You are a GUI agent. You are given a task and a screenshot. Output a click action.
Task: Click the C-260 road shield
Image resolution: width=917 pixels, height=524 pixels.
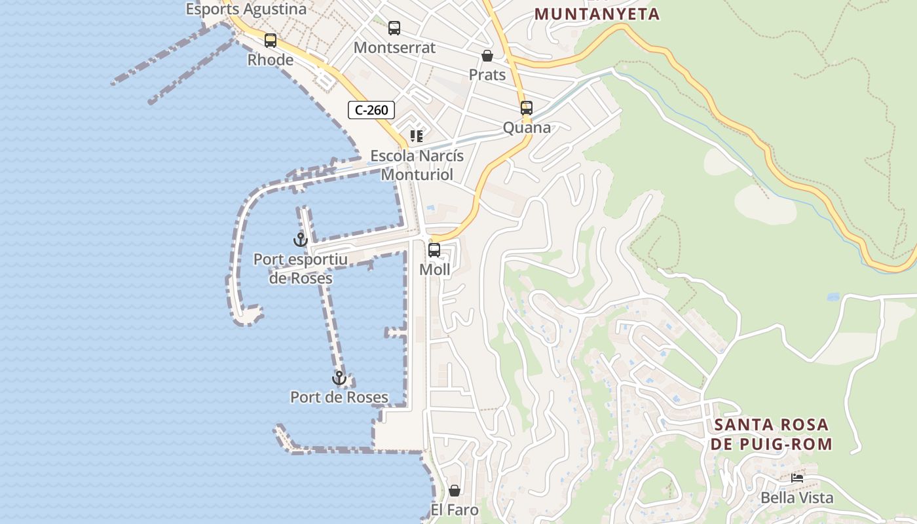[371, 110]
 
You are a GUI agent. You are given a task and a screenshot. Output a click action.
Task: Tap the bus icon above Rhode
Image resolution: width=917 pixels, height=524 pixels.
[271, 41]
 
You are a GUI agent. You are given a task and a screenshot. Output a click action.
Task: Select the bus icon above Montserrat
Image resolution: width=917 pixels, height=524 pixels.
[394, 28]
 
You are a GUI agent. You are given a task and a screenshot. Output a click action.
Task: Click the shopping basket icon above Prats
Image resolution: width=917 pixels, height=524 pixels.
[487, 56]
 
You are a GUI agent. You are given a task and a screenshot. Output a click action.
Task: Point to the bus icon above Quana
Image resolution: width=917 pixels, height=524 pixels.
[527, 108]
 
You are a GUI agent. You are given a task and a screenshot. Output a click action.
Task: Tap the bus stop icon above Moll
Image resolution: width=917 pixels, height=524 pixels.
[434, 250]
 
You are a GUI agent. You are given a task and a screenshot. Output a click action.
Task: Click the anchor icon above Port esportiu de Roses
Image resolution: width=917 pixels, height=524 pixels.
[301, 240]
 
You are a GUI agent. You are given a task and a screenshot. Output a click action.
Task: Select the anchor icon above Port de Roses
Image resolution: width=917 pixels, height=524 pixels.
[339, 378]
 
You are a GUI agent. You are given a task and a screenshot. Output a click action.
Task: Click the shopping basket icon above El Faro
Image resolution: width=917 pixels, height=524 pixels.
[455, 491]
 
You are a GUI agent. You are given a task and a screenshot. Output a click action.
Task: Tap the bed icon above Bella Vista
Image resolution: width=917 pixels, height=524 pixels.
[797, 478]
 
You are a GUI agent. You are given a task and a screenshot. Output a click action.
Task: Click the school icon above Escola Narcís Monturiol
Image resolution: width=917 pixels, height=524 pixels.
[417, 136]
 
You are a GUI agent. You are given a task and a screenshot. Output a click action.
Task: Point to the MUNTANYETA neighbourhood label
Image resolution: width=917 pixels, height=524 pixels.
[597, 14]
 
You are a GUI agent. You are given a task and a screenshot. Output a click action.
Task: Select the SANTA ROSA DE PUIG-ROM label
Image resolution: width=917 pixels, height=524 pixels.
[773, 434]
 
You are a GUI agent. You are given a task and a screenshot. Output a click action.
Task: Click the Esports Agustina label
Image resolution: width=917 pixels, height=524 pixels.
[246, 9]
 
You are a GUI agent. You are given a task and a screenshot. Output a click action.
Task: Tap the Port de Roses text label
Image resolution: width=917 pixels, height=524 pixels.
[339, 397]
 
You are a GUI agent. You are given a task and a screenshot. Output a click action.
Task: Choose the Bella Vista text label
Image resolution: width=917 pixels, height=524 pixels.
[797, 498]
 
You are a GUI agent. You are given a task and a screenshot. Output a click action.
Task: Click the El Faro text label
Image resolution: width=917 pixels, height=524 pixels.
[455, 510]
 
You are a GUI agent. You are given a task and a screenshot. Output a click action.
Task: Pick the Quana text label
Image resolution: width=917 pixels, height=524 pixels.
[527, 128]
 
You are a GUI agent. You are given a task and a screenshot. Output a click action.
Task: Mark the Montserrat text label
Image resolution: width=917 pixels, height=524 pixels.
[394, 48]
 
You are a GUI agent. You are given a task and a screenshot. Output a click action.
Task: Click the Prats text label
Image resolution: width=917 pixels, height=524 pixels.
[487, 75]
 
